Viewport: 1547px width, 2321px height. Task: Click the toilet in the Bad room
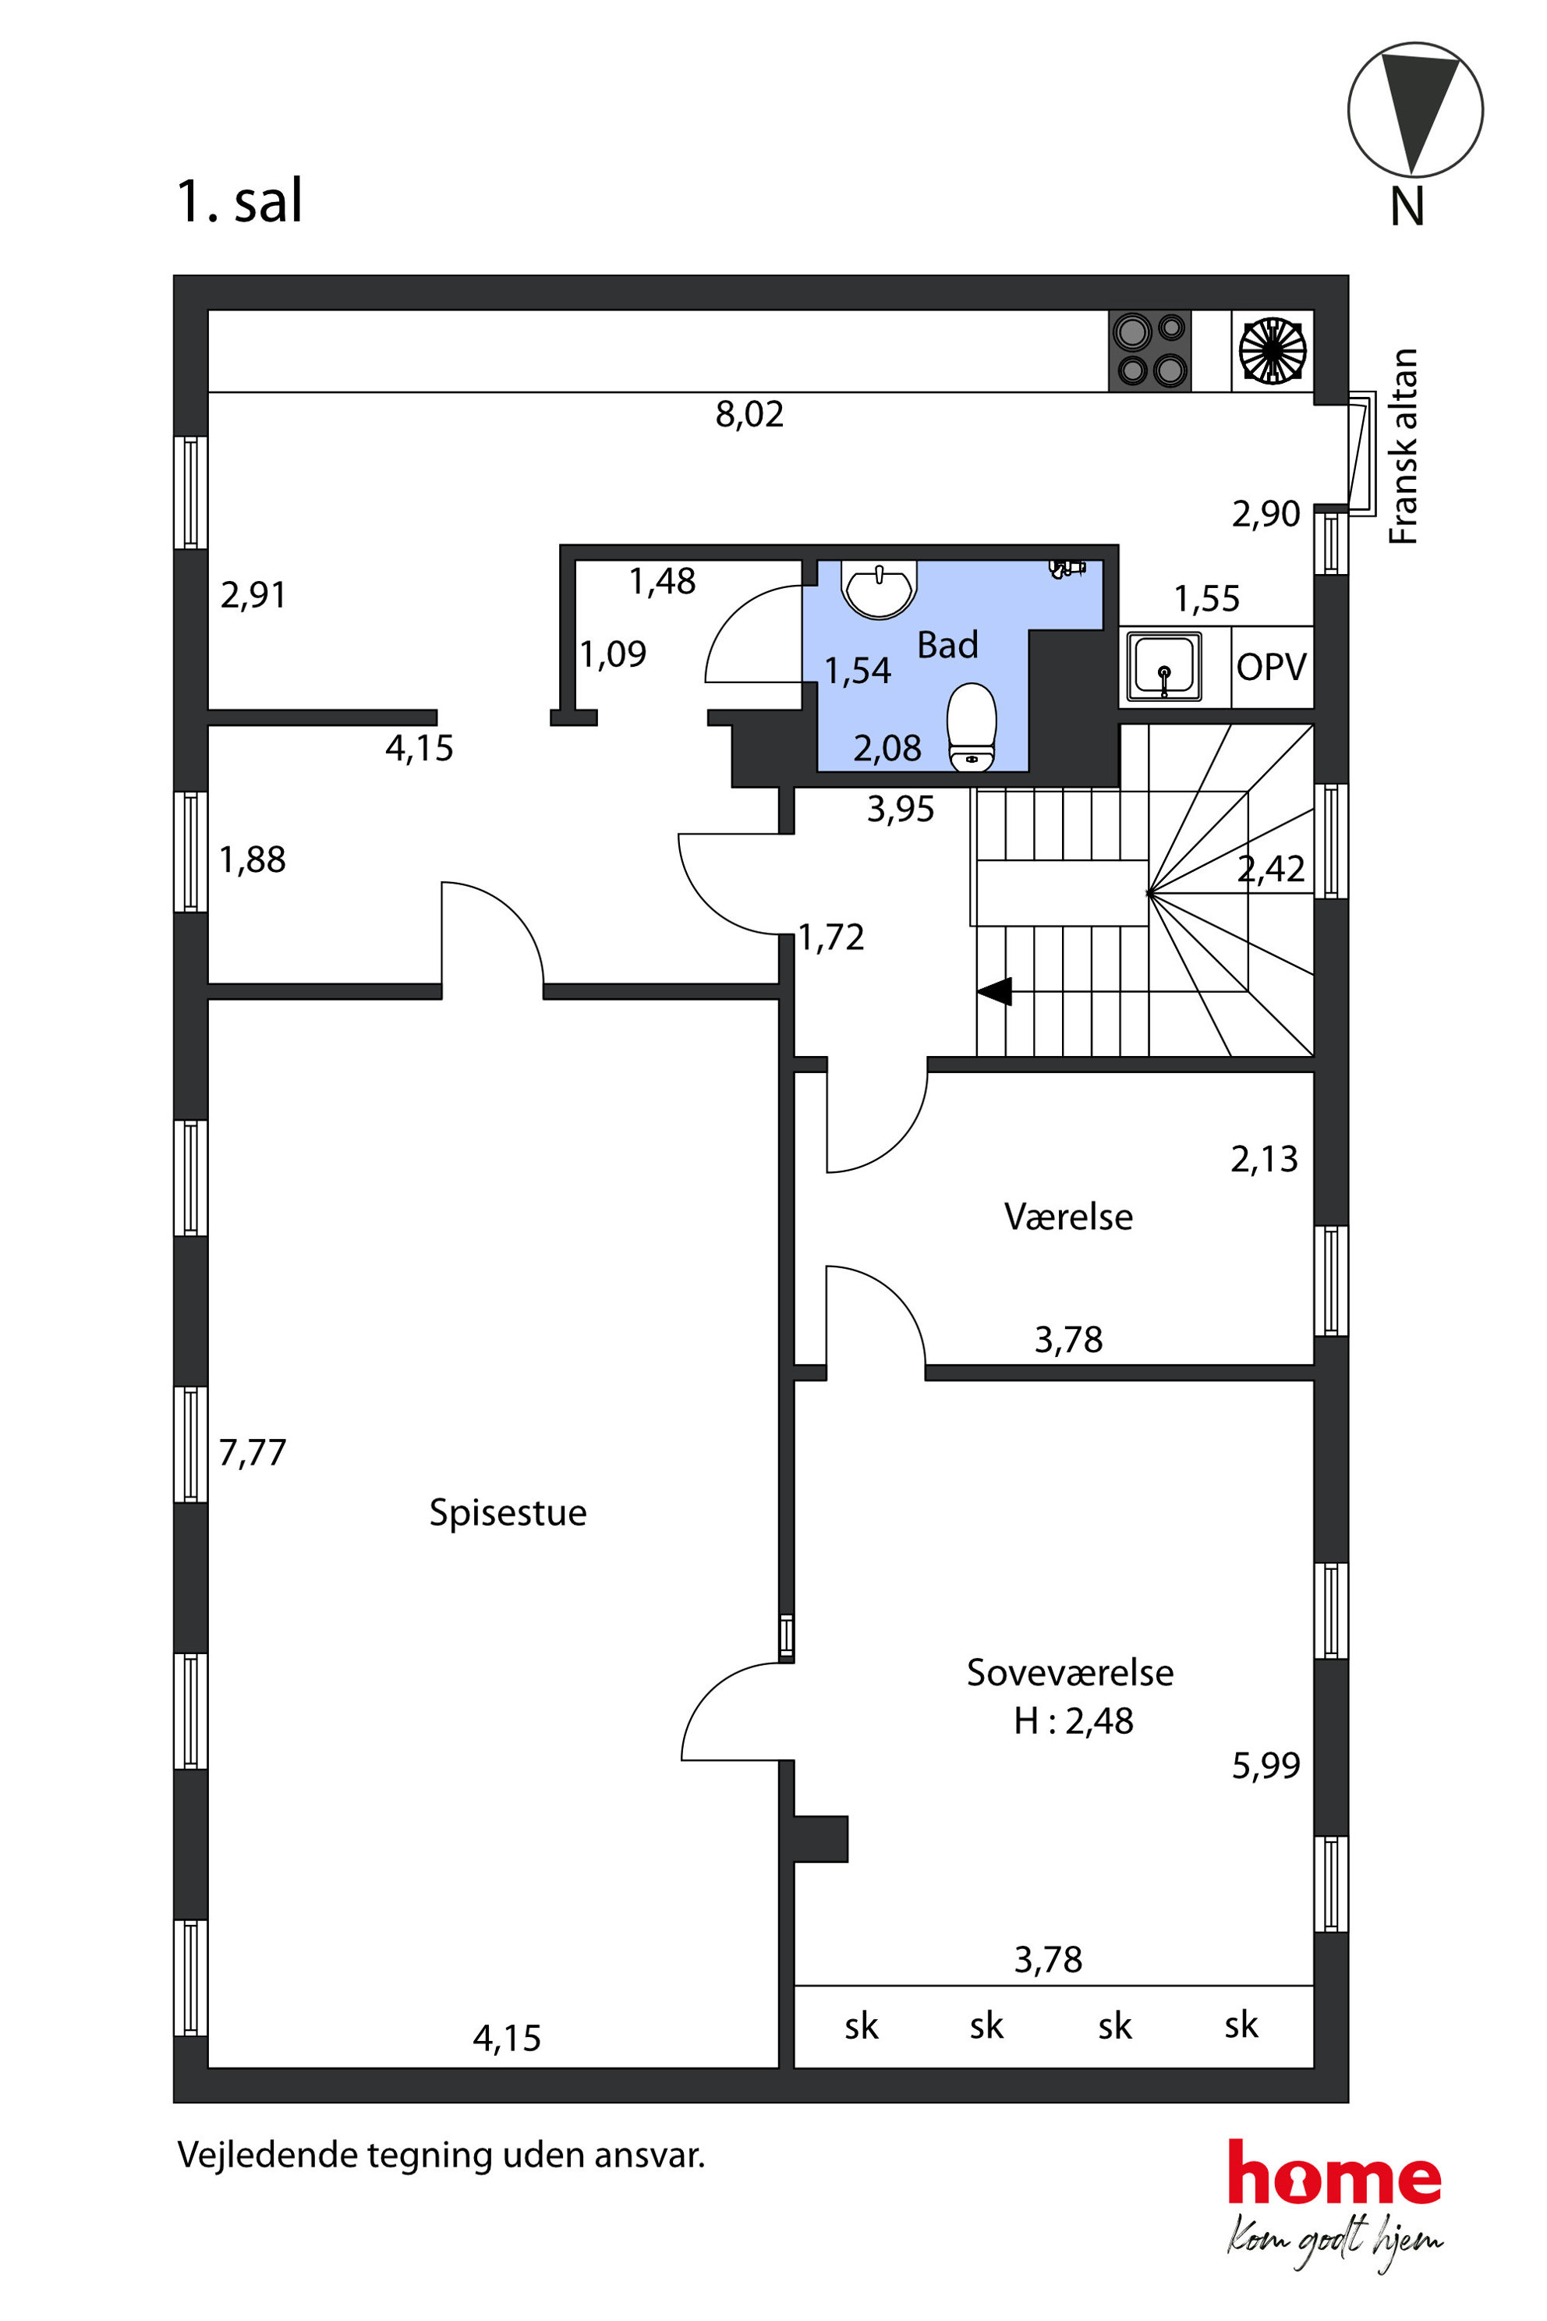tap(971, 728)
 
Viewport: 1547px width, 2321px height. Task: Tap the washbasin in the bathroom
tap(878, 589)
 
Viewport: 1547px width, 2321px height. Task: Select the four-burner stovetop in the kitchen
tap(1149, 350)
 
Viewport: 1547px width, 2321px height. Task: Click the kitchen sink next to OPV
tap(1164, 666)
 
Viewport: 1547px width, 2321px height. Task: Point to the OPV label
tap(1271, 667)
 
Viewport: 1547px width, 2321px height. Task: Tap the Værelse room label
tap(1067, 1217)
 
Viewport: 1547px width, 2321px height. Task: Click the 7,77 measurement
tap(252, 1453)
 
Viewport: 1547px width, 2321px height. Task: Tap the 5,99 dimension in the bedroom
tap(1265, 1766)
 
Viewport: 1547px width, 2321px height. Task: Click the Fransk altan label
tap(1403, 446)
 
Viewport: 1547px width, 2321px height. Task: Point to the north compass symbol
tap(1414, 109)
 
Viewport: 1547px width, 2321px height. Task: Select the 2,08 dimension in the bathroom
tap(887, 749)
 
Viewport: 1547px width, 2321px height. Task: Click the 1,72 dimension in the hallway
tap(830, 937)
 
